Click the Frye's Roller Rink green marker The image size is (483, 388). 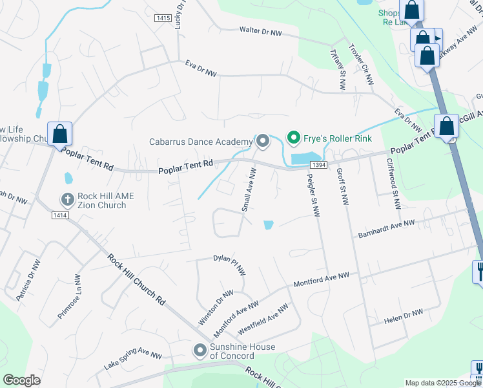pyautogui.click(x=293, y=137)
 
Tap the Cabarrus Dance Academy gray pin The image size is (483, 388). pyautogui.click(x=263, y=140)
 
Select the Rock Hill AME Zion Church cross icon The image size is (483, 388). pyautogui.click(x=67, y=199)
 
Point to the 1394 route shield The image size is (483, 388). pyautogui.click(x=317, y=166)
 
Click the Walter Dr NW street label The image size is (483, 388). pyautogui.click(x=261, y=30)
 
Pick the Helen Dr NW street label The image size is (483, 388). pyautogui.click(x=403, y=315)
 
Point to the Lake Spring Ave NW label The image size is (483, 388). pyautogui.click(x=133, y=360)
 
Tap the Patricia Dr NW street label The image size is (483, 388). pyautogui.click(x=25, y=274)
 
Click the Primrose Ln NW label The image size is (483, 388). pyautogui.click(x=69, y=296)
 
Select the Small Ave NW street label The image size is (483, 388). pyautogui.click(x=249, y=189)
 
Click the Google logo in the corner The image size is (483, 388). pyautogui.click(x=22, y=380)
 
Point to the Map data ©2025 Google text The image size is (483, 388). pyautogui.click(x=443, y=383)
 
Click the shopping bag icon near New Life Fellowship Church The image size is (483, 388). pyautogui.click(x=59, y=135)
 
